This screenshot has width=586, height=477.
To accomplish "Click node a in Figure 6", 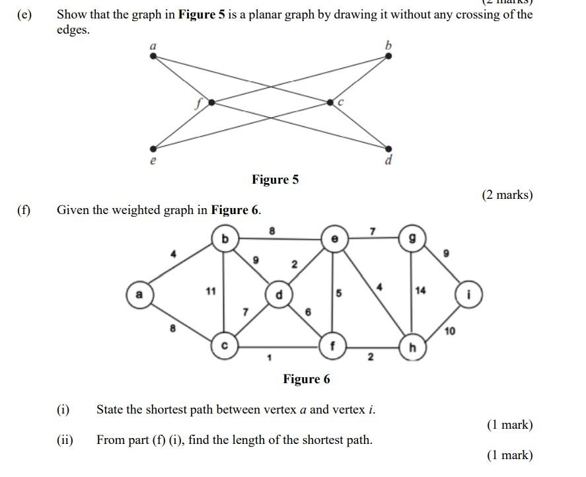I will click(139, 294).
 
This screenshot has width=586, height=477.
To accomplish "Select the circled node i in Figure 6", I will click(469, 295).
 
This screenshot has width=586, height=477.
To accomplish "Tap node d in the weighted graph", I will click(279, 295).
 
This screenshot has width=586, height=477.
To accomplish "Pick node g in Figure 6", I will click(412, 238).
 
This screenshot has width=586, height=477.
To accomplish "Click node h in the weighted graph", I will click(412, 348).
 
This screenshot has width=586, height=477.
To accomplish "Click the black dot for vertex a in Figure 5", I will click(154, 56).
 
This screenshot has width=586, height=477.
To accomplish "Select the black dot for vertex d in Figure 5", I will click(388, 149).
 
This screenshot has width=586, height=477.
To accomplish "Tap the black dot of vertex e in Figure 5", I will click(154, 149).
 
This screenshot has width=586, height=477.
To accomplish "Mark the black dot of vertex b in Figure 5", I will click(388, 56).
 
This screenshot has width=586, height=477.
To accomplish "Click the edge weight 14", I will click(421, 290).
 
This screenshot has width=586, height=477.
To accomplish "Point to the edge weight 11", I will click(210, 290).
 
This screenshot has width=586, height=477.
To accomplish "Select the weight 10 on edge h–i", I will click(449, 331).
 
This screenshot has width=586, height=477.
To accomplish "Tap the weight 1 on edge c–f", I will click(269, 358).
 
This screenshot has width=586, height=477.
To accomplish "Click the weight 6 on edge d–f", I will click(308, 311).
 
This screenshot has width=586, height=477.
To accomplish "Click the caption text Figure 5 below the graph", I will click(275, 180).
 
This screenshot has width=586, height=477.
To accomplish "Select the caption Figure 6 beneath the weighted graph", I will click(306, 379).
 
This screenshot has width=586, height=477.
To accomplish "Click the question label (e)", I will click(24, 14).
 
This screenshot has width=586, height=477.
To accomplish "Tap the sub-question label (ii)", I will click(65, 439).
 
